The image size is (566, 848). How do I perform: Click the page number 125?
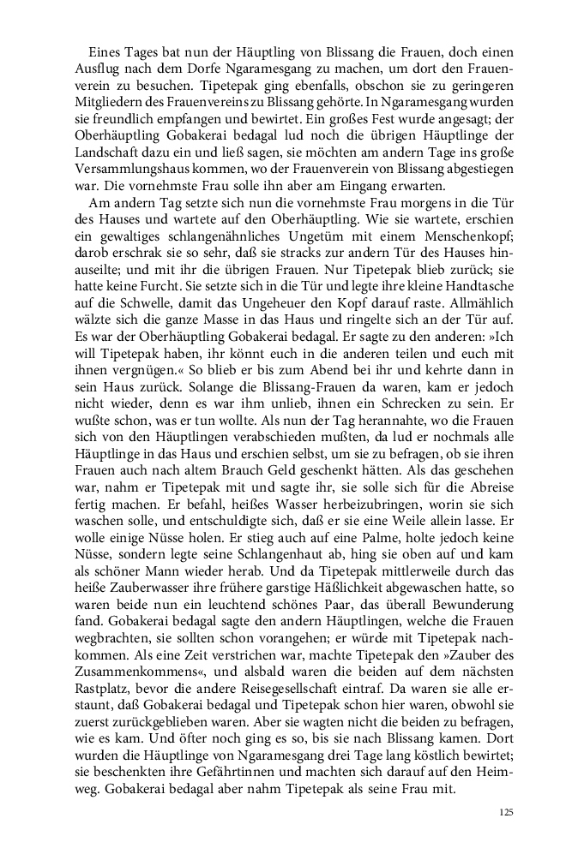click(x=505, y=809)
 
